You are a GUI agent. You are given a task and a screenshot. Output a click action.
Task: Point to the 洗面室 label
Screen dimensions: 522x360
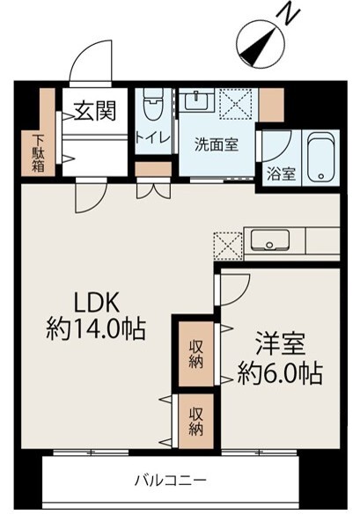[216, 145]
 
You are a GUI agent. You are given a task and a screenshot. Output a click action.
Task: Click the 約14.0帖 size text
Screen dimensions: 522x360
[96, 330]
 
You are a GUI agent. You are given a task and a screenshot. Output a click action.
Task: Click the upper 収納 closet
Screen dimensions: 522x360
[195, 351]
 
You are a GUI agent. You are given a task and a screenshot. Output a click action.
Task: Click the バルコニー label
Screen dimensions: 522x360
[171, 481]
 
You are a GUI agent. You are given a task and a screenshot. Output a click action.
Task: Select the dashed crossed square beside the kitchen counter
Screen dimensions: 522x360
[227, 246]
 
